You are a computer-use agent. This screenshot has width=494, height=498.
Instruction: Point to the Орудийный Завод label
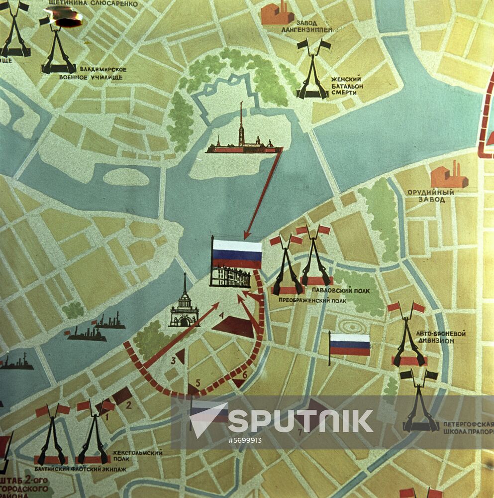(x=430, y=196)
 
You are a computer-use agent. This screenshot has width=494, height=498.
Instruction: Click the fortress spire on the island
(x=241, y=122)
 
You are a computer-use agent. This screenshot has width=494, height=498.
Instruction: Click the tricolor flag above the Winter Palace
(x=237, y=254)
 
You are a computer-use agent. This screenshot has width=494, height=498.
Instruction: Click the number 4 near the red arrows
(x=221, y=315)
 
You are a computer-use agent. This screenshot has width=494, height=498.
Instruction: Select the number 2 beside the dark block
(x=128, y=405)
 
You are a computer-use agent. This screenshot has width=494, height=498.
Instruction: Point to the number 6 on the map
(x=244, y=374)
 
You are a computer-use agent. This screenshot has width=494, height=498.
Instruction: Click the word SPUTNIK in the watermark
(x=300, y=421)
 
